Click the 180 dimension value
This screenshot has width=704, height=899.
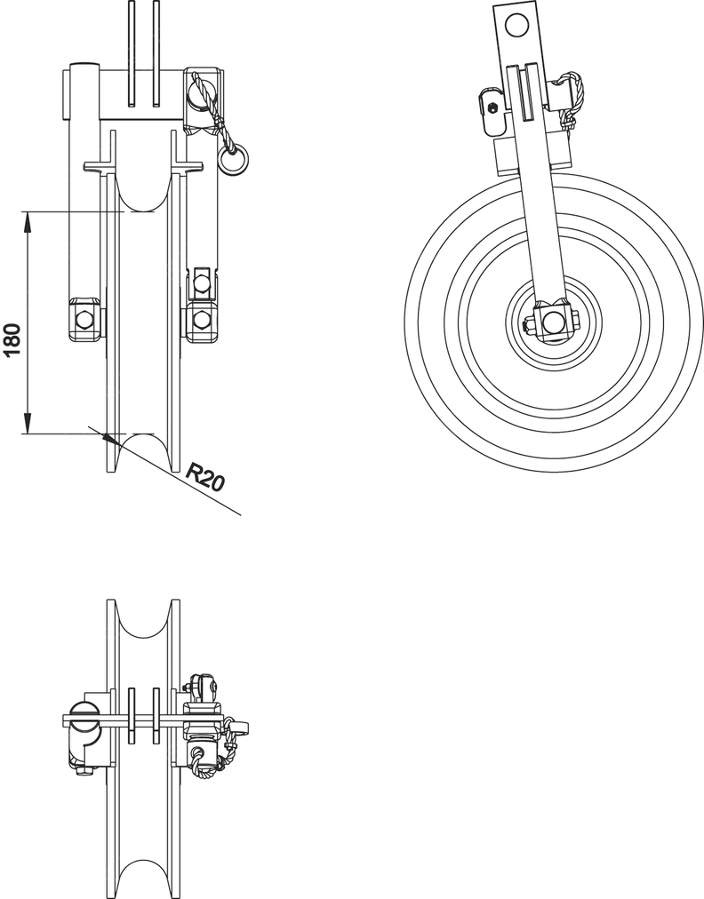click(13, 340)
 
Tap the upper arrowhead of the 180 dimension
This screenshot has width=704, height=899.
click(28, 220)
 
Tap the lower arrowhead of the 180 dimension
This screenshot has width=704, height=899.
click(28, 425)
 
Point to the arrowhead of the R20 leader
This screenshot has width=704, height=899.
click(108, 439)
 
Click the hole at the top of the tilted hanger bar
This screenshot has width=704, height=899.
click(517, 25)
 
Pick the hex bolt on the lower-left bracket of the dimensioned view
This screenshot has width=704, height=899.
click(84, 318)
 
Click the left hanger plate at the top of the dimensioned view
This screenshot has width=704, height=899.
click(132, 54)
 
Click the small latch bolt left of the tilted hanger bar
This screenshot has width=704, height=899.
click(492, 107)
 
